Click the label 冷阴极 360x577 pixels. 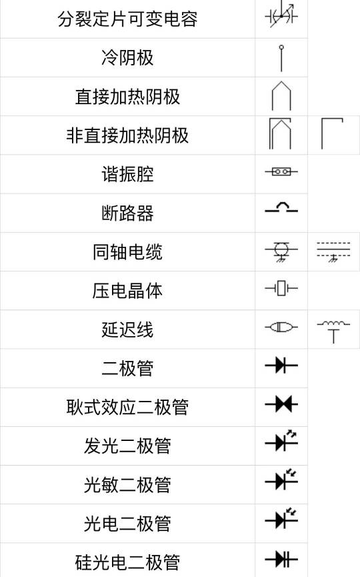click(127, 58)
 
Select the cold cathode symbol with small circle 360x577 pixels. click(281, 58)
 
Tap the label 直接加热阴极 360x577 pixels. click(127, 97)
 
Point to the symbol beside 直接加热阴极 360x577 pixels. click(281, 96)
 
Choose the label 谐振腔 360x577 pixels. click(127, 174)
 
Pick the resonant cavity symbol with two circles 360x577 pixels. click(281, 171)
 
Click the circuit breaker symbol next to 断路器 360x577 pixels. click(281, 207)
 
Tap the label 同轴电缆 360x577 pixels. click(127, 252)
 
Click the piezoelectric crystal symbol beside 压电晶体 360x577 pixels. click(281, 288)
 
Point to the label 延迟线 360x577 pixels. click(127, 330)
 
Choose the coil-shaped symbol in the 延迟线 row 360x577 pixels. click(333, 331)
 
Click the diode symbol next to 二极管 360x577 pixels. click(281, 366)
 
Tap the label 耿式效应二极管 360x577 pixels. click(127, 408)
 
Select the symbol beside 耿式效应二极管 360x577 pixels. click(281, 404)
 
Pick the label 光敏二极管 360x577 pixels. click(127, 485)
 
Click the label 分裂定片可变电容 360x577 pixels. click(127, 19)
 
